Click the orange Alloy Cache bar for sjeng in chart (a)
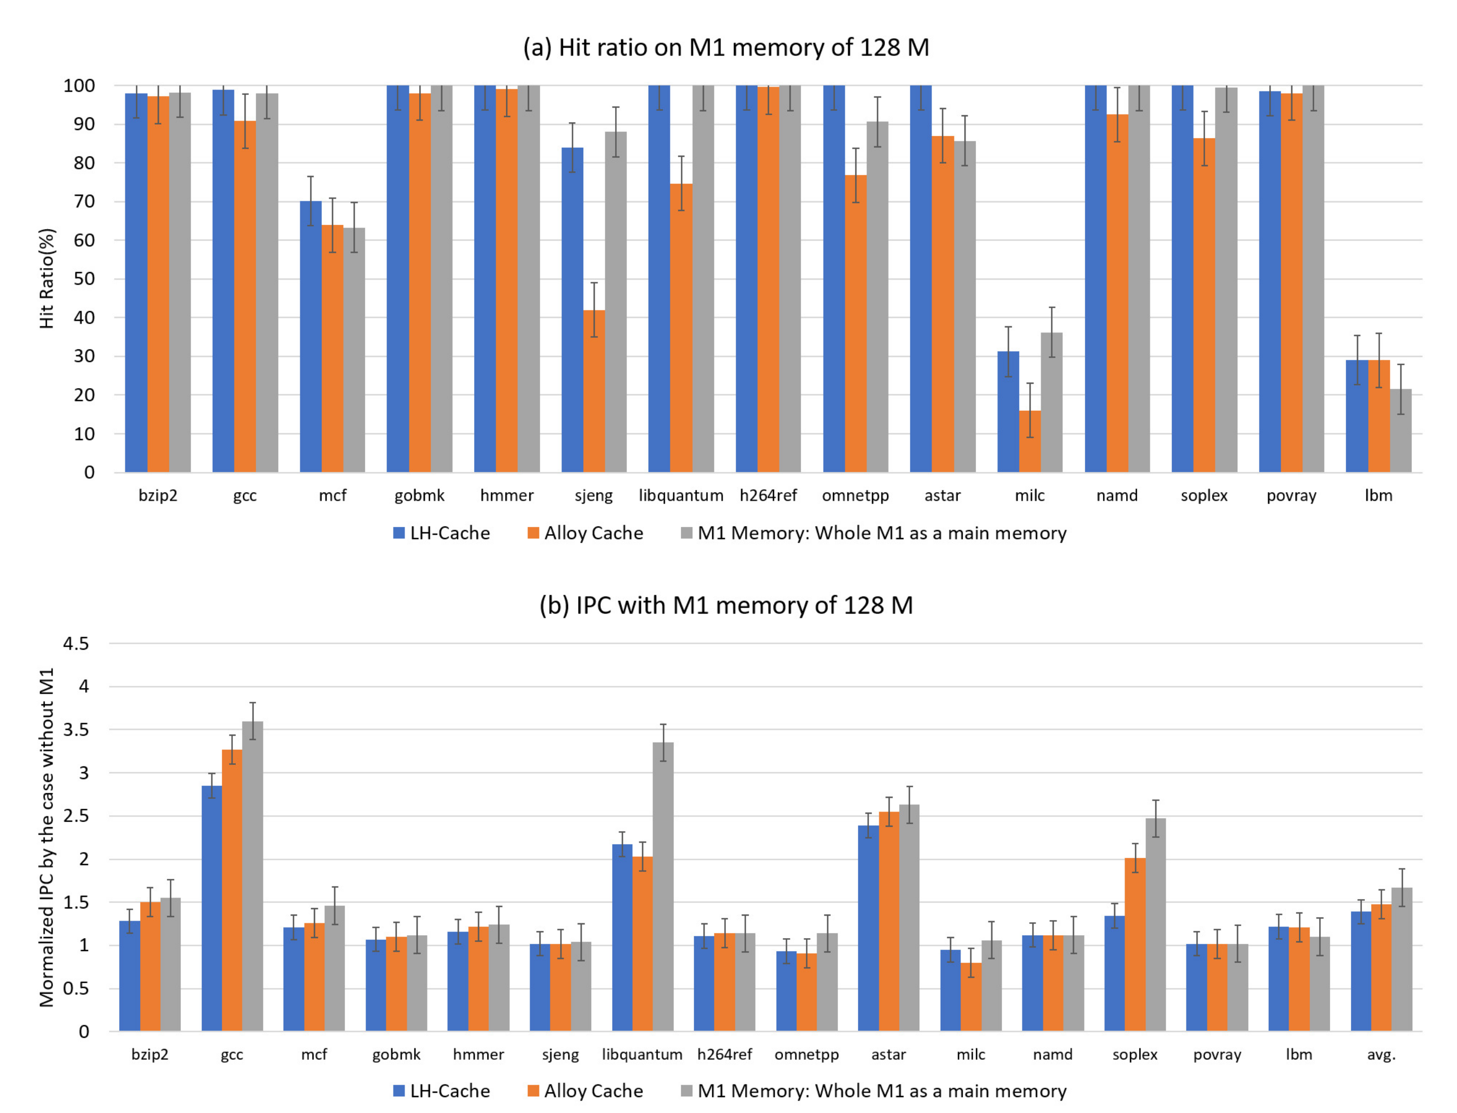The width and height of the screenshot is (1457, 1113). click(594, 391)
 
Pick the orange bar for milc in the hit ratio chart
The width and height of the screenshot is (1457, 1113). click(1030, 441)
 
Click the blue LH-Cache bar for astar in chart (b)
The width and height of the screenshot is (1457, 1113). click(868, 927)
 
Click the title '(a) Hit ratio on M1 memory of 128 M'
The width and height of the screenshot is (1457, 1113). click(726, 48)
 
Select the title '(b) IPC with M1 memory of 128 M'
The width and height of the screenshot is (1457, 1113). click(726, 605)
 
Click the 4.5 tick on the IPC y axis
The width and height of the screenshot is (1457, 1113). click(76, 643)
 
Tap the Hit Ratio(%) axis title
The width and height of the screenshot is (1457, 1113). click(46, 278)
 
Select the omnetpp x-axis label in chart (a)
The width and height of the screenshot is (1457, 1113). click(855, 495)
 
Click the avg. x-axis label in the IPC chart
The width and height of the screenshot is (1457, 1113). click(1381, 1054)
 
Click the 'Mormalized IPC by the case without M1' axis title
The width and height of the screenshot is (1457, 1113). click(46, 838)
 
